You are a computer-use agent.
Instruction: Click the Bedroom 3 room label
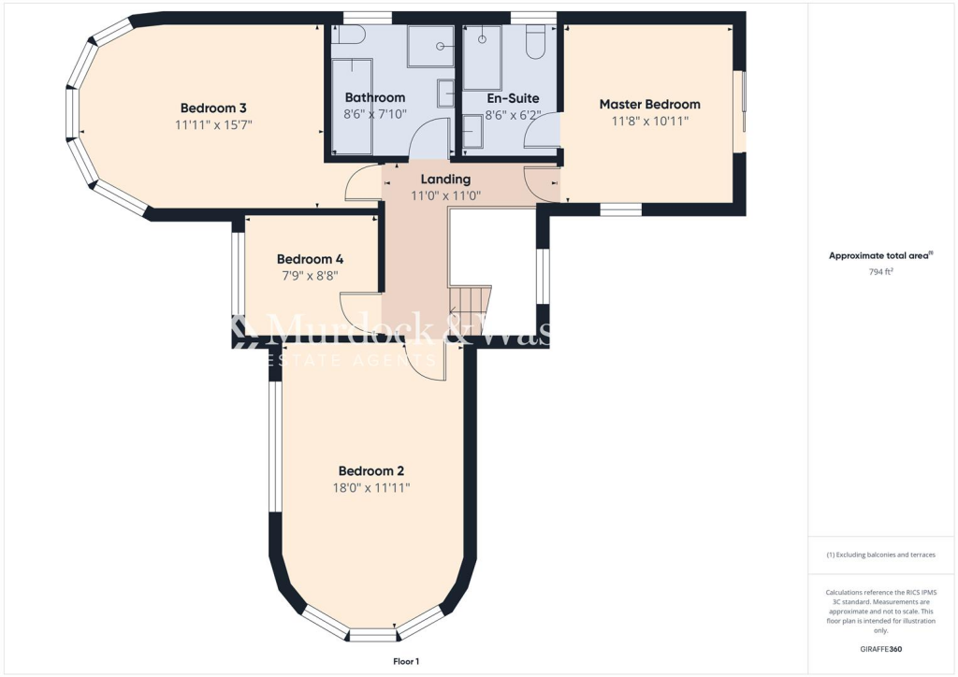coord(213,107)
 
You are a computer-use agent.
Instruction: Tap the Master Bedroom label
coord(649,104)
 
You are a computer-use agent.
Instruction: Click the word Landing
coord(445,179)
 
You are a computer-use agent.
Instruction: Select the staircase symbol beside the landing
coord(471,302)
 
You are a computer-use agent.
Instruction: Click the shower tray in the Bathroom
coord(430,45)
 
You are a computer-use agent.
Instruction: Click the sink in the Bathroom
coord(445,94)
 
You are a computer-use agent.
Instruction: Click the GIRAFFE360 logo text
coord(879,648)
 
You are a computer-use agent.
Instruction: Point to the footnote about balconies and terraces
coord(880,555)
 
